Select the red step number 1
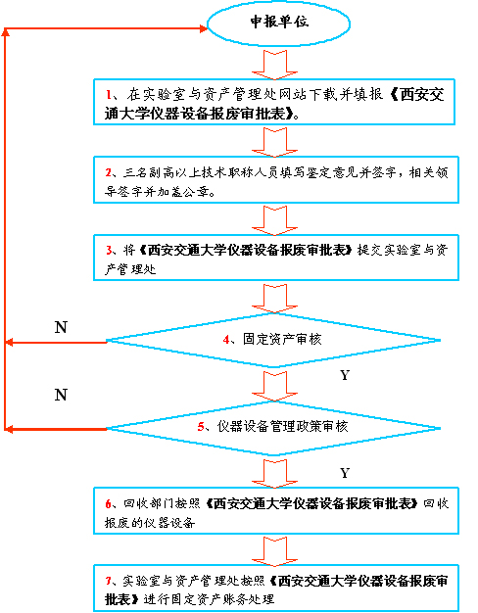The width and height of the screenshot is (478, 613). (x=109, y=94)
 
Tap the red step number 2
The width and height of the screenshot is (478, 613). (x=109, y=172)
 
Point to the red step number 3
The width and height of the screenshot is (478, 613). (x=109, y=250)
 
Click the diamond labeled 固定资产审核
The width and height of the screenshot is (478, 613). (x=273, y=340)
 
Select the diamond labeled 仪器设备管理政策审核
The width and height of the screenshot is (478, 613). (x=273, y=428)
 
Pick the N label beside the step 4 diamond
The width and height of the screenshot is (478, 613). (x=61, y=327)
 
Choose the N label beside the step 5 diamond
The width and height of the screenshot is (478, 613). (x=61, y=395)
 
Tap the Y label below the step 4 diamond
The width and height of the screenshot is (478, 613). (x=345, y=375)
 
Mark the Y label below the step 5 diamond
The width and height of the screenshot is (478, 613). (x=345, y=473)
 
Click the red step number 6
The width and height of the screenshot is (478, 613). (x=109, y=504)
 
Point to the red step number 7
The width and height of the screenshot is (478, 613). (x=109, y=581)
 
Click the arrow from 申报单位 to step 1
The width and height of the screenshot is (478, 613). (x=274, y=65)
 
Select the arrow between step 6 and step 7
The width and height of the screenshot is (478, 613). (x=274, y=551)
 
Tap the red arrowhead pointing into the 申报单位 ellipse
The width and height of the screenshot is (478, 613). (x=204, y=28)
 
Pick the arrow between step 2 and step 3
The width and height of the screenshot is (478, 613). (x=274, y=221)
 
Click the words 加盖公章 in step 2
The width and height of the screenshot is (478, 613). (x=183, y=192)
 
